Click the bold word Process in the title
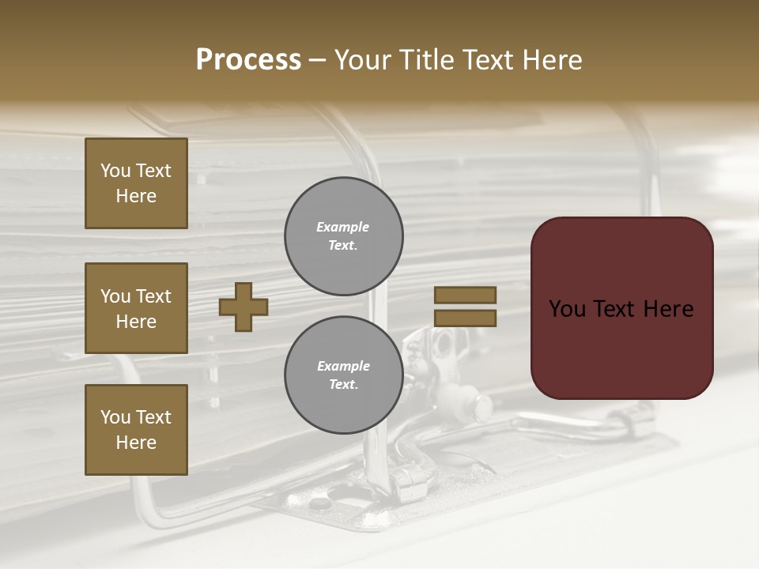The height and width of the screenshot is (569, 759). point(248,60)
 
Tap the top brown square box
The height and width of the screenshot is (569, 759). point(136,183)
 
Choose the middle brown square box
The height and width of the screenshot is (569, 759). point(136,308)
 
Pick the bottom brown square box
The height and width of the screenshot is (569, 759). point(136,430)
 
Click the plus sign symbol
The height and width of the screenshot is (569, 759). point(244,307)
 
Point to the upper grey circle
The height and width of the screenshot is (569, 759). point(343,236)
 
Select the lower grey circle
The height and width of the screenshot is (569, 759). point(343,375)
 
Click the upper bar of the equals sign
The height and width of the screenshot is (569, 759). point(465,296)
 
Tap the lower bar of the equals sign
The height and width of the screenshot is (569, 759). point(465,318)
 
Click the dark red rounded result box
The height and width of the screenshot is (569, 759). point(621,308)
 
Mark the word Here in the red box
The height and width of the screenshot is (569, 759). point(668,309)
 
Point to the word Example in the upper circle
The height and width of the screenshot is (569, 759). point(342,227)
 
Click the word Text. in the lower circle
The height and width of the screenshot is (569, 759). point(343,385)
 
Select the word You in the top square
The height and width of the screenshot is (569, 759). point(115,171)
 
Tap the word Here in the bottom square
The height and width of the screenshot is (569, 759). point(136,443)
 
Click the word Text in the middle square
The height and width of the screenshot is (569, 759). point(153,296)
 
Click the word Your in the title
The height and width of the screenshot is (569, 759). point(364,60)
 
